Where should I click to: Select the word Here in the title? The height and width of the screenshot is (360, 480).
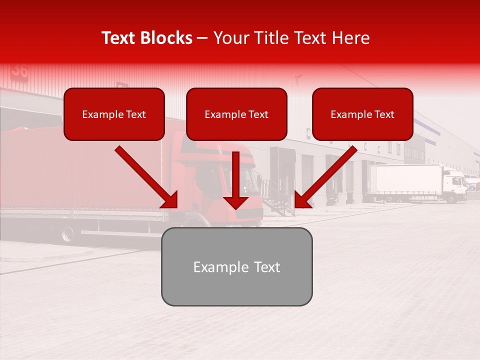tap(349, 38)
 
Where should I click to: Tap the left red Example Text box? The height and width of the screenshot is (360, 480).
tap(114, 114)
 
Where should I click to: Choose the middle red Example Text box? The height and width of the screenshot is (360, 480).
tap(236, 114)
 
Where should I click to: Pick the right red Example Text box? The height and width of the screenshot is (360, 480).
tap(362, 114)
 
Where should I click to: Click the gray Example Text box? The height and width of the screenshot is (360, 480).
tap(236, 266)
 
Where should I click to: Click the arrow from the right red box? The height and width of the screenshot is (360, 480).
tap(325, 177)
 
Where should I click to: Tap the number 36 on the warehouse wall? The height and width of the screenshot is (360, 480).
tap(20, 70)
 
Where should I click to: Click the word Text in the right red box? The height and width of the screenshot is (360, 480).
tap(384, 114)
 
